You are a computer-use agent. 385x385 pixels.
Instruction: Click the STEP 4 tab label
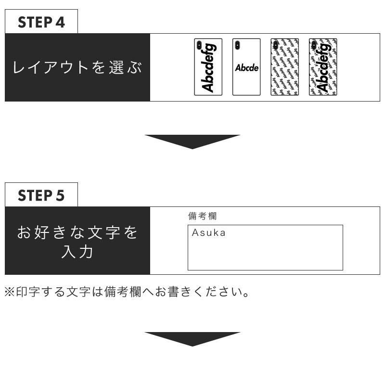pos(41,22)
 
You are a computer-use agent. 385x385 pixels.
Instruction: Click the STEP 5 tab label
pos(41,195)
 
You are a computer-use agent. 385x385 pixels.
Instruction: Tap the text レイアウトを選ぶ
pos(77,67)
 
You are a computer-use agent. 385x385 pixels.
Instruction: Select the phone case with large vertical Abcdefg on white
pos(208,67)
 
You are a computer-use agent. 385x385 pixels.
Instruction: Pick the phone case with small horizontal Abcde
pos(246,67)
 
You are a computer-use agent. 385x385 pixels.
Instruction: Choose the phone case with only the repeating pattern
pos(284,67)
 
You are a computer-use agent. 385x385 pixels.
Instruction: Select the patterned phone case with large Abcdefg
pos(322,67)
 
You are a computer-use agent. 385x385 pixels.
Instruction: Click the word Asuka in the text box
pos(208,233)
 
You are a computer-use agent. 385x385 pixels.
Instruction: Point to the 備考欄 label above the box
pos(202,217)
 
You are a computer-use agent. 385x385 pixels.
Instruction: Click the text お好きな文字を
pos(77,233)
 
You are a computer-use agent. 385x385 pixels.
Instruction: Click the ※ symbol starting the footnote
pos(10,292)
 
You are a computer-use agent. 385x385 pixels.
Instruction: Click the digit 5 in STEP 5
pos(60,195)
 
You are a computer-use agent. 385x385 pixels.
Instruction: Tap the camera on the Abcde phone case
pos(237,46)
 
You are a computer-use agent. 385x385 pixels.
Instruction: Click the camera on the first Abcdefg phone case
pos(198,46)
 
